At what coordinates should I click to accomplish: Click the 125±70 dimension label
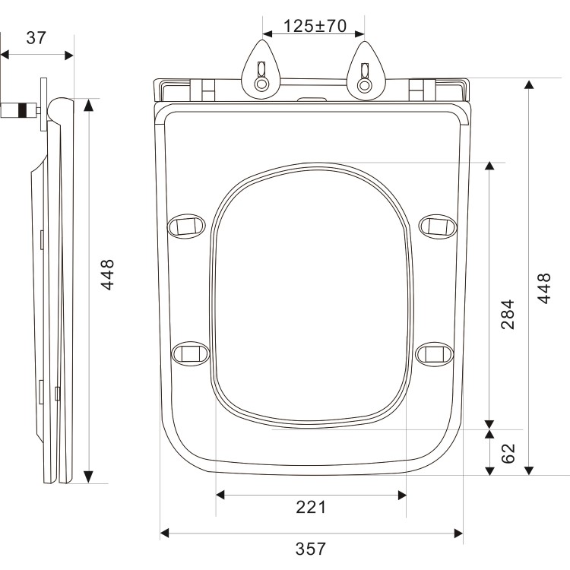coord(315,26)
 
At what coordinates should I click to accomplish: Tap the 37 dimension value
coord(36,38)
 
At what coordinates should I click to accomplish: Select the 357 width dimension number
coord(311,549)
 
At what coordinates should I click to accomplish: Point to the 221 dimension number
coord(311,507)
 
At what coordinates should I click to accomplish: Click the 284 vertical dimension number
coord(508,315)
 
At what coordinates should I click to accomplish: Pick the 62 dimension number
coord(508,453)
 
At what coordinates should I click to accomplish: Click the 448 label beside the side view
coord(107,275)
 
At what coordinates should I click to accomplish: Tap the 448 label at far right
coord(544,288)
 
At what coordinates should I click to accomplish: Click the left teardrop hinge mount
coord(261,70)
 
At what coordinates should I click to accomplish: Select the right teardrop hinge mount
coord(365,71)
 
